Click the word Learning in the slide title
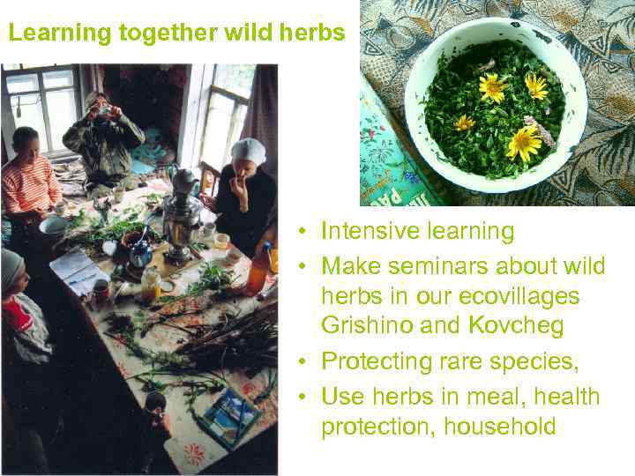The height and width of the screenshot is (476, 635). [x=49, y=33]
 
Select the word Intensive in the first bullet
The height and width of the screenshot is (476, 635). [x=363, y=231]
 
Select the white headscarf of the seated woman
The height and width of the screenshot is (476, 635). [x=248, y=151]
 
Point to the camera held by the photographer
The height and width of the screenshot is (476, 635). [x=104, y=111]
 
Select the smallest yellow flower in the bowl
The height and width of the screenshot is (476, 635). [x=465, y=123]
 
